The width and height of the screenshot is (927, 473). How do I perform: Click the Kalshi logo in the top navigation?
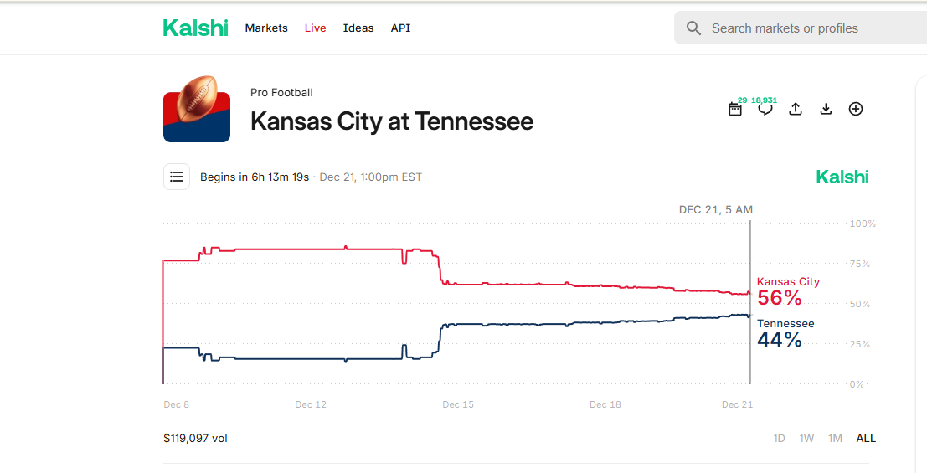click(x=195, y=28)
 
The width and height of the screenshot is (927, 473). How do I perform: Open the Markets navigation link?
click(x=266, y=28)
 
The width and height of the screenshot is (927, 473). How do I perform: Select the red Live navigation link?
click(x=315, y=28)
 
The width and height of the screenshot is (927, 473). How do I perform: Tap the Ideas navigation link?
click(x=358, y=28)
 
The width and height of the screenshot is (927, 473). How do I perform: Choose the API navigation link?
click(x=400, y=28)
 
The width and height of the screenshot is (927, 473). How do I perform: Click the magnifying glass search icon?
click(x=693, y=28)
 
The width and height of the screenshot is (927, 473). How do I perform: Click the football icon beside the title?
click(x=197, y=109)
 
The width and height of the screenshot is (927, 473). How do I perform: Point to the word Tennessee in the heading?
click(x=474, y=121)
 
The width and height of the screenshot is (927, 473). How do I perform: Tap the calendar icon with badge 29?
click(x=735, y=109)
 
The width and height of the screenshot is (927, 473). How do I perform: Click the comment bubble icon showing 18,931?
click(x=765, y=109)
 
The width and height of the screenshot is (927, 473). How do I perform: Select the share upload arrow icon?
click(x=796, y=109)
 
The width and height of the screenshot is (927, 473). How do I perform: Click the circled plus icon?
click(x=856, y=109)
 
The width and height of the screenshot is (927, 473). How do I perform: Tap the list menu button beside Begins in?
click(x=176, y=177)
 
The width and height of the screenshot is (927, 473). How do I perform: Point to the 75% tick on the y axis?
click(x=860, y=264)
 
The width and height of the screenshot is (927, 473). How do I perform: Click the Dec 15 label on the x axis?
click(x=457, y=404)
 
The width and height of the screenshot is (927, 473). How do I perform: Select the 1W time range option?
click(x=806, y=438)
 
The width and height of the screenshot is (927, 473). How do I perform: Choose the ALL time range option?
click(x=866, y=438)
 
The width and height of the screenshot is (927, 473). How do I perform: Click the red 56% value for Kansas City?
click(x=780, y=298)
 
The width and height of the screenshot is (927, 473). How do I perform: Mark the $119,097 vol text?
click(x=195, y=438)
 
